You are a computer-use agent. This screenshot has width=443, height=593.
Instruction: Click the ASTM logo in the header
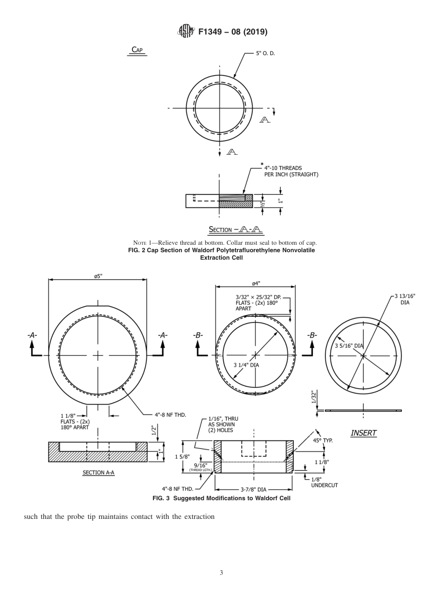(186, 31)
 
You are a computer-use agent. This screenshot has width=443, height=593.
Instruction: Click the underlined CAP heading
(137, 50)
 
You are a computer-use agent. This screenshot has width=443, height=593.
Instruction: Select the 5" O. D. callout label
(265, 53)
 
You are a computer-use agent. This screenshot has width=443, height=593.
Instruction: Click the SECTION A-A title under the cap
(235, 229)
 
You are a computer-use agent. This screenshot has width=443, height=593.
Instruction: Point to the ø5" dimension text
(98, 276)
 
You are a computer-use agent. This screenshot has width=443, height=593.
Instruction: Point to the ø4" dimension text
(256, 283)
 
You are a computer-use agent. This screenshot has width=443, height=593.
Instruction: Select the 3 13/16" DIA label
(405, 299)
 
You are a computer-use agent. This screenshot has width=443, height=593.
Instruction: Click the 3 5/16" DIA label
(349, 345)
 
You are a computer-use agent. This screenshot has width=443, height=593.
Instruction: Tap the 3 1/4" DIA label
(246, 365)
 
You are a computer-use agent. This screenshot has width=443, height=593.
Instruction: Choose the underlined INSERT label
(363, 433)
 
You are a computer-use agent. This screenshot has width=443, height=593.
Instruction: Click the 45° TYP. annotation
(323, 440)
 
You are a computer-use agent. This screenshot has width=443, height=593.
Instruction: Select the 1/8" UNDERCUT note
(324, 482)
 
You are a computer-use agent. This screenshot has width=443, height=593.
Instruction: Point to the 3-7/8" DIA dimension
(254, 490)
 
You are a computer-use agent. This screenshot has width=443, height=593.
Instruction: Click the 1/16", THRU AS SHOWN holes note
(221, 425)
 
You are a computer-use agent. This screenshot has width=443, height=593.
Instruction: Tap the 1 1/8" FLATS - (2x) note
(75, 421)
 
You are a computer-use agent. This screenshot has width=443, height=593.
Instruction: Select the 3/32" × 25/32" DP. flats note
(257, 302)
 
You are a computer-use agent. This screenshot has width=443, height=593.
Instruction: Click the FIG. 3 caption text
(221, 498)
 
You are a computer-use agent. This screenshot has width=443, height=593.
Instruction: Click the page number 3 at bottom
(221, 572)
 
